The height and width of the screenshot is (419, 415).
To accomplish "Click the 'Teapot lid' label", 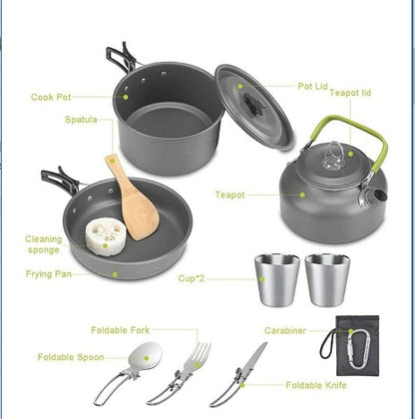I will pos(351,92).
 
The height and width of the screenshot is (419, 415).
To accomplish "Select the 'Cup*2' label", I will pos(192,278).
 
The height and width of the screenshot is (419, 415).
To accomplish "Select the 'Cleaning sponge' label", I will pos(44,244).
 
